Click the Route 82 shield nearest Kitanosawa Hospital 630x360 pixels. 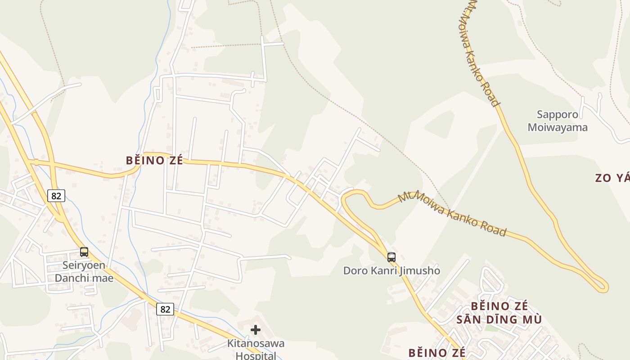tap(165, 309)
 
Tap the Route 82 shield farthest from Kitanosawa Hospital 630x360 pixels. tap(56, 196)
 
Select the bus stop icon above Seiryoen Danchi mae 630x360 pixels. tap(84, 252)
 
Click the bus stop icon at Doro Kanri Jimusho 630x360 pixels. tap(391, 257)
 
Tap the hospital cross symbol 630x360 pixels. tap(256, 330)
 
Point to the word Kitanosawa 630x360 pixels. tap(256, 343)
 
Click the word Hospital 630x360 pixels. tap(256, 355)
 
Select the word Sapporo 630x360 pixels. tap(557, 115)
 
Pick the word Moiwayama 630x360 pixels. tap(558, 127)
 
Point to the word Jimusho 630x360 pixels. tap(418, 270)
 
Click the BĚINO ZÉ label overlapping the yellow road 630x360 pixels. tap(154, 160)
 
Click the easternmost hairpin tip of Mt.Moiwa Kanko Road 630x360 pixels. tap(605, 286)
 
